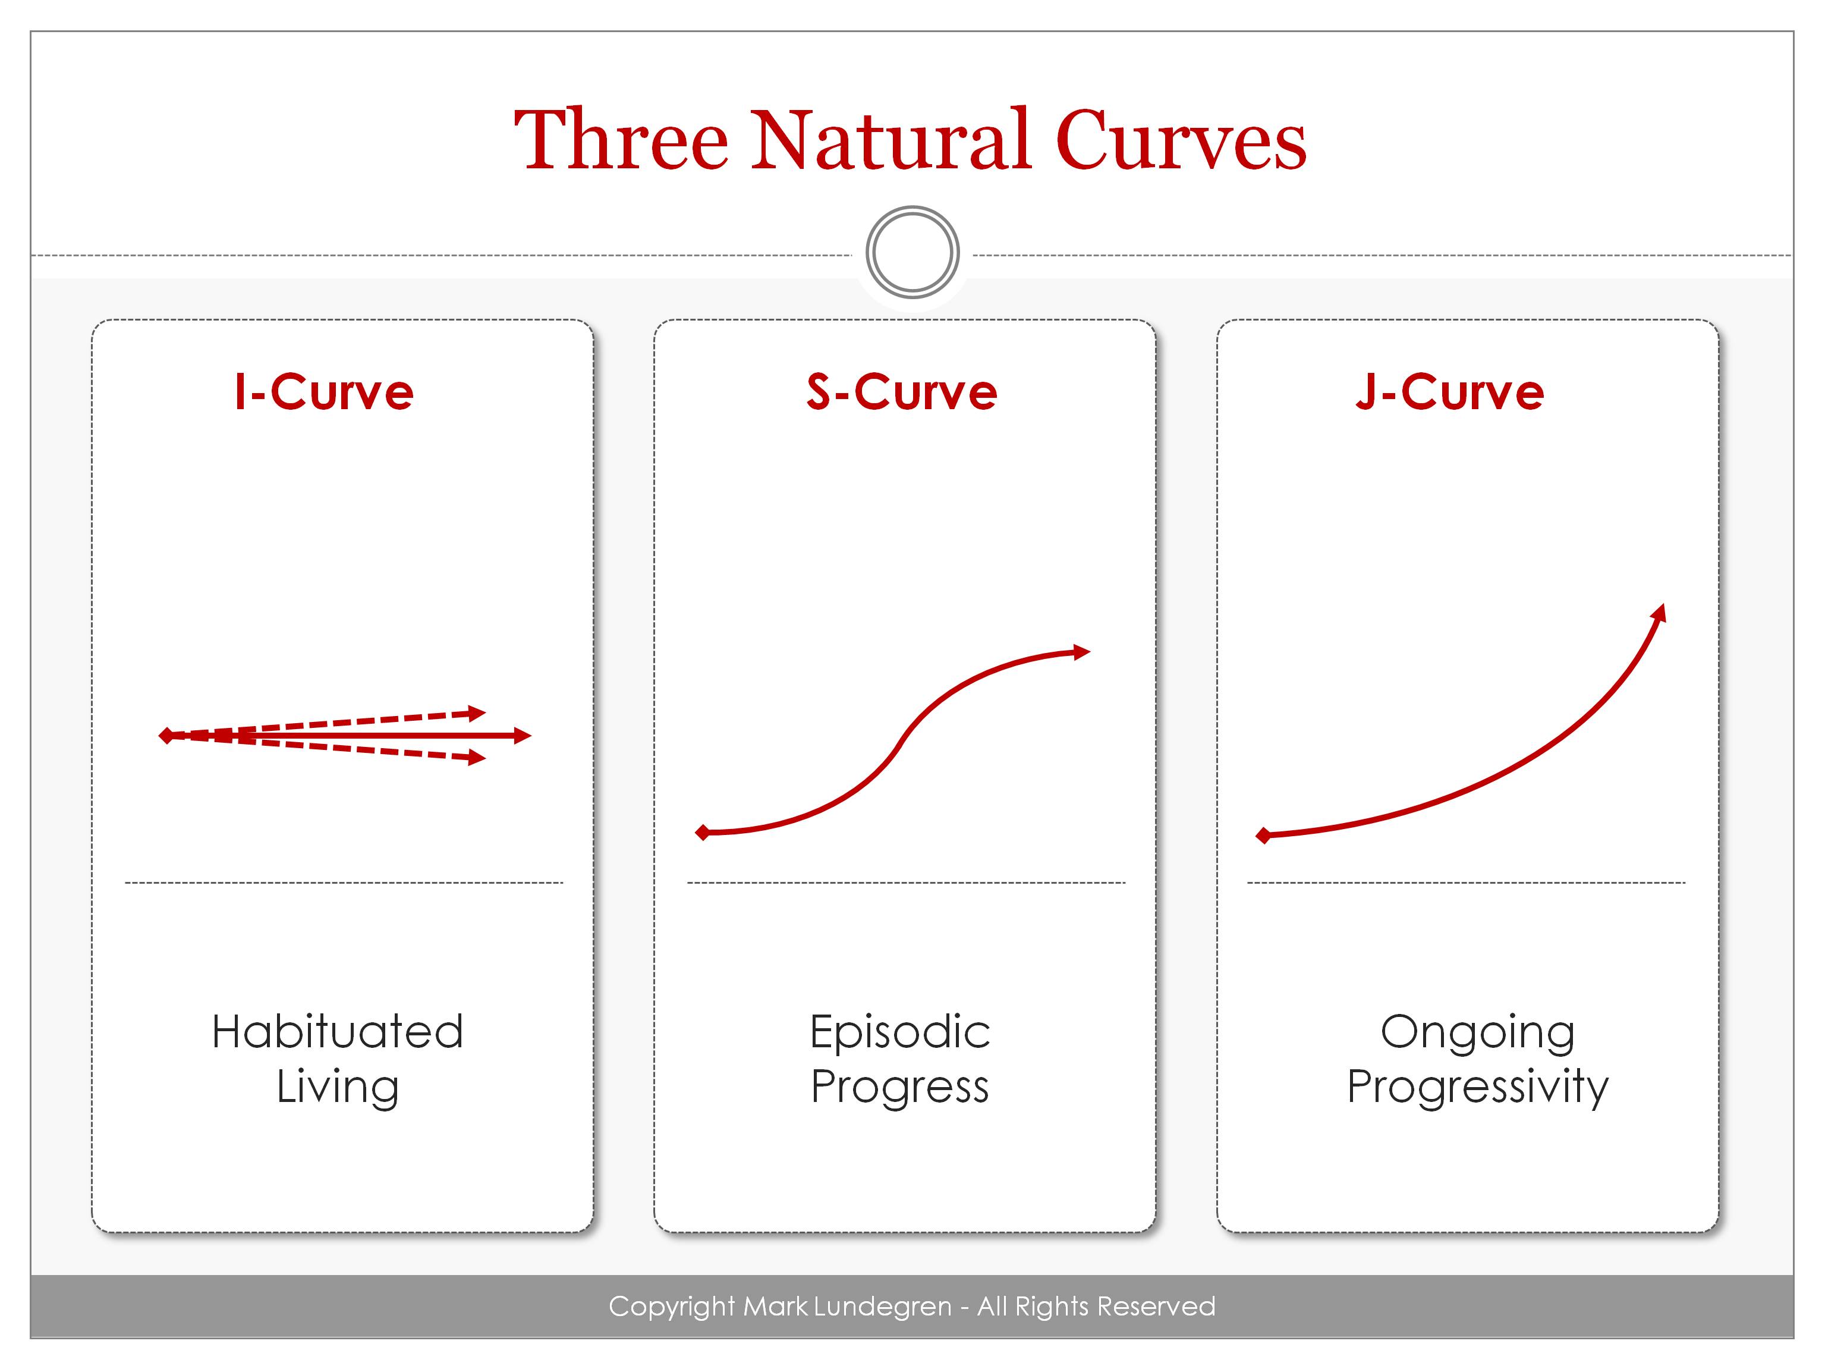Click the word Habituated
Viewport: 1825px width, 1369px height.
point(338,1031)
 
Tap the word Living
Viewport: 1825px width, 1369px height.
point(338,1086)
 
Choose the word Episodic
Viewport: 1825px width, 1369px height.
point(900,1031)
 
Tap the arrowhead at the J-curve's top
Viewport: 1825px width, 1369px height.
point(1659,613)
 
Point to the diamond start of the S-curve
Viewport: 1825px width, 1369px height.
point(703,832)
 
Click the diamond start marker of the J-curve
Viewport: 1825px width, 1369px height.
point(1263,836)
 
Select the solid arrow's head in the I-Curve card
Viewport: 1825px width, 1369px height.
point(523,735)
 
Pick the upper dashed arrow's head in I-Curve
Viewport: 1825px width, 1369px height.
point(477,712)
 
